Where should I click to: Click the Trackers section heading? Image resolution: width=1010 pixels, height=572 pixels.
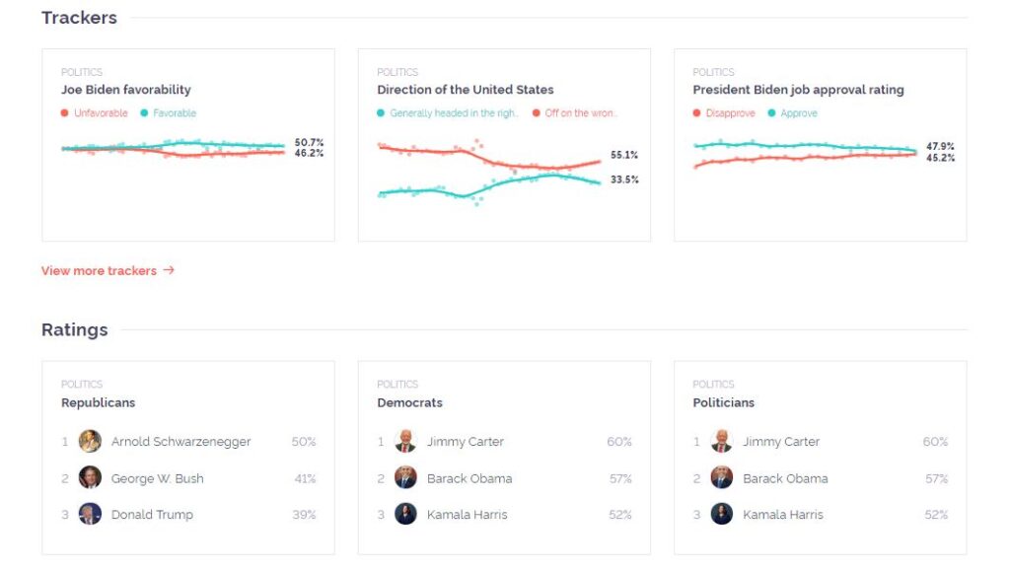(79, 18)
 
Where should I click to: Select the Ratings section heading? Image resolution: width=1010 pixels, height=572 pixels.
(75, 329)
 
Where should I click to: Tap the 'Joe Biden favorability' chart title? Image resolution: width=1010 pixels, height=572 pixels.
(126, 90)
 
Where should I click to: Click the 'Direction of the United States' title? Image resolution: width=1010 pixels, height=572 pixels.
(466, 90)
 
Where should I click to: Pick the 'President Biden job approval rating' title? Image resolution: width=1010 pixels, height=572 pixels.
(798, 90)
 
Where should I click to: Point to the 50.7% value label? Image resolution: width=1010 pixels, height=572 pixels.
(309, 143)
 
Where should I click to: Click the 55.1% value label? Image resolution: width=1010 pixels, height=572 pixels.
(624, 155)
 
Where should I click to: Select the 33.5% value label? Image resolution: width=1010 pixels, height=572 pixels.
(624, 179)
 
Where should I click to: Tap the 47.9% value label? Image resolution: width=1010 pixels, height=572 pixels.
(940, 146)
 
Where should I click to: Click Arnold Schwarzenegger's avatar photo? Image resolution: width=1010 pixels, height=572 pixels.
(90, 441)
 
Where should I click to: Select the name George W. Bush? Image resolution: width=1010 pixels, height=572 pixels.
(158, 478)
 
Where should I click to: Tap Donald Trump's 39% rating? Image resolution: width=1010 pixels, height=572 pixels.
(304, 515)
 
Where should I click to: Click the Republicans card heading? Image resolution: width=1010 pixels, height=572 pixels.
(99, 402)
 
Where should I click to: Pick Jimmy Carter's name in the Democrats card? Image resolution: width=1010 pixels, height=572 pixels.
(466, 442)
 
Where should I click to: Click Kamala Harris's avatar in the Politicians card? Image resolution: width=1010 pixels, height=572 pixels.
(721, 514)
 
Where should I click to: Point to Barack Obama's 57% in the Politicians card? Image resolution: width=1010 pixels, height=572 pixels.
(935, 478)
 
